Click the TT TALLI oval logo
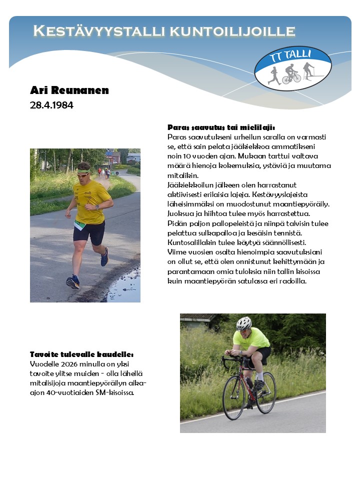[x=293, y=68]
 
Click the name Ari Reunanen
[x=69, y=90]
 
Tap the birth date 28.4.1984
[x=51, y=105]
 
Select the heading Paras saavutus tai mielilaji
[x=221, y=127]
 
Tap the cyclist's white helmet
[x=243, y=323]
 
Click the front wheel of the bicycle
[x=234, y=397]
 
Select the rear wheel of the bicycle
[x=266, y=392]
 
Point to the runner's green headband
[x=84, y=171]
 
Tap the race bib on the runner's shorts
[x=80, y=224]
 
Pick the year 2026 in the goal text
[x=72, y=364]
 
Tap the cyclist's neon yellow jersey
[x=251, y=338]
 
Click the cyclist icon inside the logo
[x=291, y=76]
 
